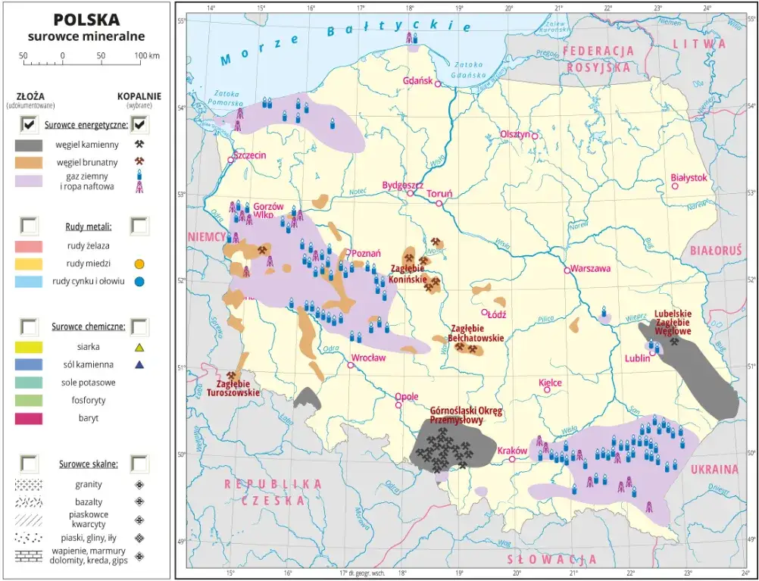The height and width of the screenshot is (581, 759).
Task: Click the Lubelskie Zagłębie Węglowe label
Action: click(x=673, y=322)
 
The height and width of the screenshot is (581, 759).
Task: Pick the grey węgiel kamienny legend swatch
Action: click(x=29, y=144)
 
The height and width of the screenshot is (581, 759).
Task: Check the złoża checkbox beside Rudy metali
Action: click(x=29, y=225)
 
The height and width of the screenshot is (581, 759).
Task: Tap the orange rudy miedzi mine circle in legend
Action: click(x=139, y=264)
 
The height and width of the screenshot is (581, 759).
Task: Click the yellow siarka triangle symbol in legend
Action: click(x=139, y=348)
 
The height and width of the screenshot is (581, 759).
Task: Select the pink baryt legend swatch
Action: click(x=29, y=418)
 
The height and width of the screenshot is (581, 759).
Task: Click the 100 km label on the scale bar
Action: click(x=146, y=56)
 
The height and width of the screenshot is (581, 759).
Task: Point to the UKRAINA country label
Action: click(x=714, y=469)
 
